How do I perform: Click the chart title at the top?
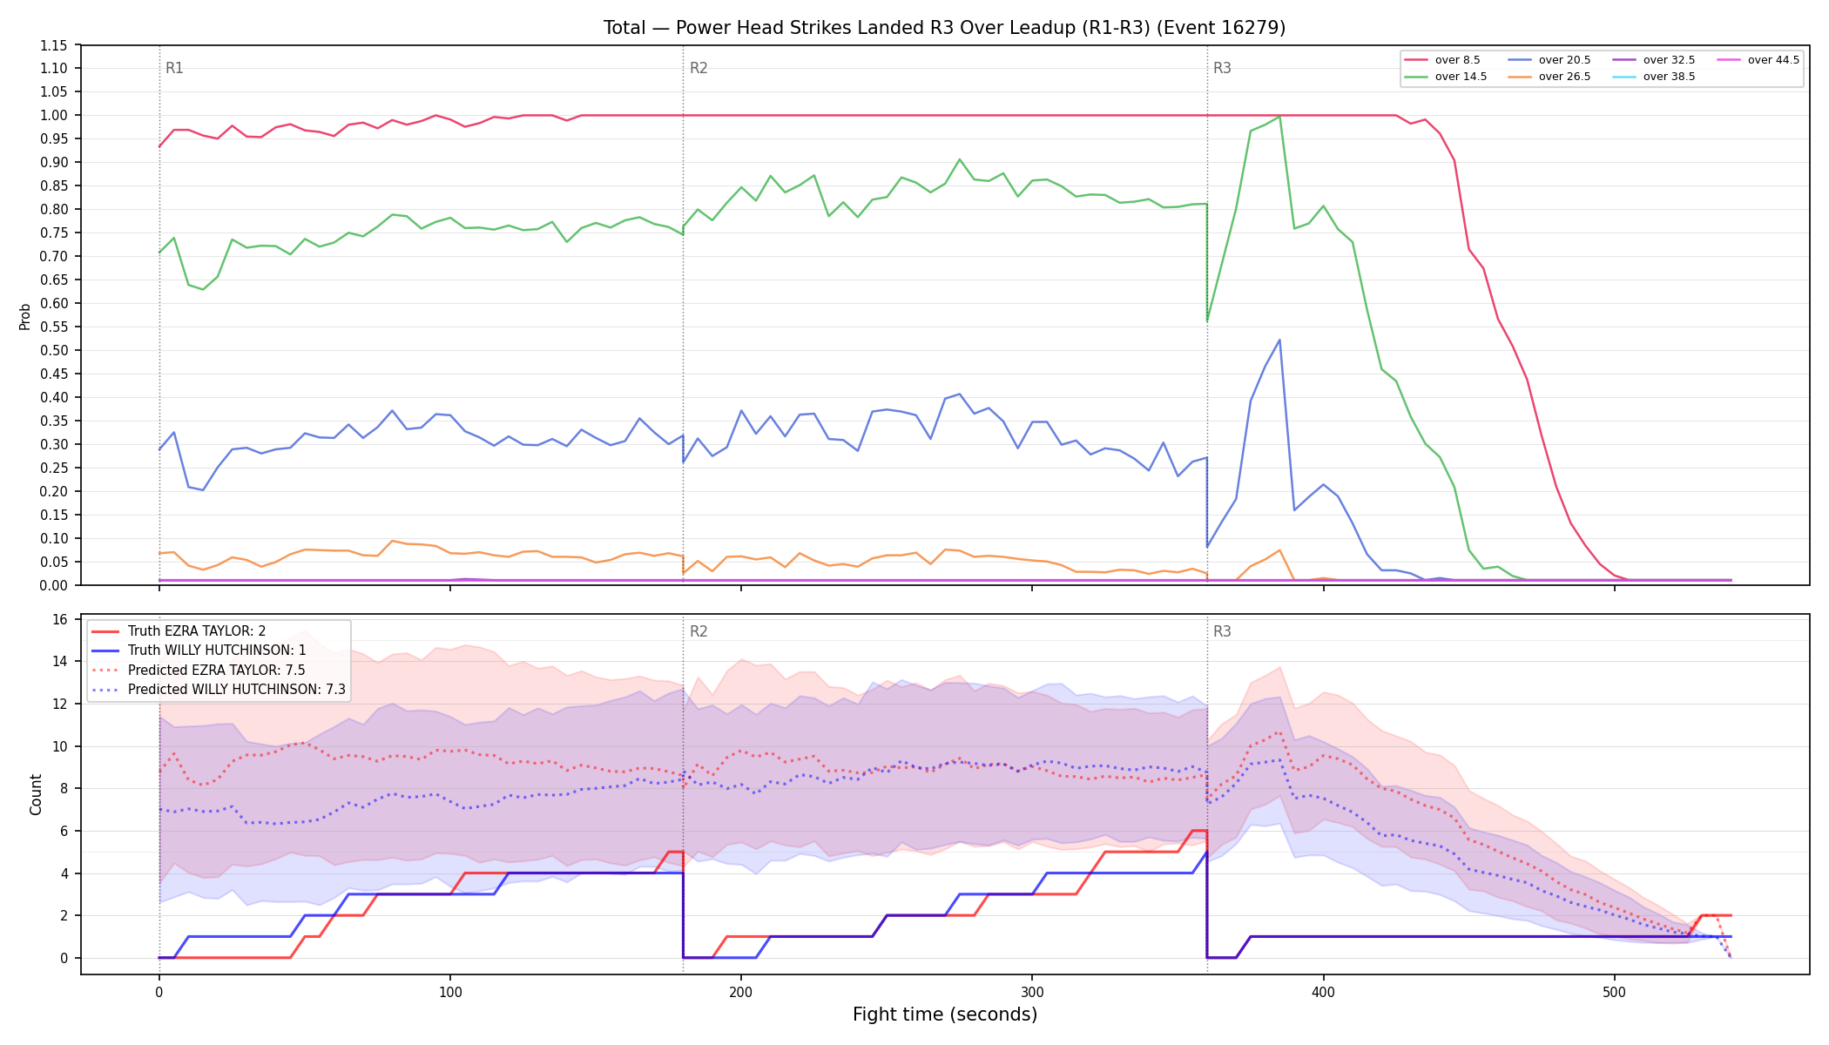pos(944,28)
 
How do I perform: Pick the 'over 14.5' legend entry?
pos(1445,77)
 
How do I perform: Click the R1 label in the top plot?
pos(174,68)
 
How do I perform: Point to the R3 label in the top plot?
pos(1222,68)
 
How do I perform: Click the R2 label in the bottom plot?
pos(699,631)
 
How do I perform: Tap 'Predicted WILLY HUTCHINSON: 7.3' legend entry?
pos(219,690)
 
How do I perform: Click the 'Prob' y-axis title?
pos(24,316)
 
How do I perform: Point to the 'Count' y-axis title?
pos(36,794)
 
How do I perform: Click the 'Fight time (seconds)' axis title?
pos(945,1015)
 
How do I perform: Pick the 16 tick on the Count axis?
pos(60,620)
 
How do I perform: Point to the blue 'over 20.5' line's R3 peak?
pos(1279,340)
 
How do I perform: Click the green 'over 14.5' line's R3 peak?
pos(1279,117)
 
